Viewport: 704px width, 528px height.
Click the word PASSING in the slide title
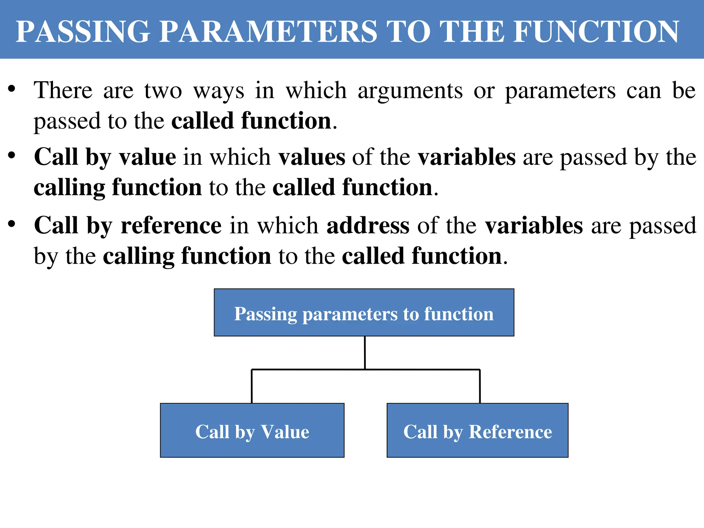point(83,32)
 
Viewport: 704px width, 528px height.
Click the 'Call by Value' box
point(252,430)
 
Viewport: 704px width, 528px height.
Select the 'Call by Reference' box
point(477,430)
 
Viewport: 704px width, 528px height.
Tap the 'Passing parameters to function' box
point(364,312)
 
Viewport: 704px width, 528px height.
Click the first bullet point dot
point(12,89)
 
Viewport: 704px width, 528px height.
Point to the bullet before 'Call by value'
point(12,155)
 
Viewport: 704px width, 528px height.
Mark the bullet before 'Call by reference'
point(12,224)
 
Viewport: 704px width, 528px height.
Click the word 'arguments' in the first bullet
point(410,91)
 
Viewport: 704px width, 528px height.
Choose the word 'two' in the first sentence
point(163,91)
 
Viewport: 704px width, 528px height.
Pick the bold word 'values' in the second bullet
point(312,157)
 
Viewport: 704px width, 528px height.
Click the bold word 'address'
point(368,226)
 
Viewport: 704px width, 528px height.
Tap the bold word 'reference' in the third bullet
point(171,226)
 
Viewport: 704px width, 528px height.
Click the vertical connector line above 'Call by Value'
point(252,386)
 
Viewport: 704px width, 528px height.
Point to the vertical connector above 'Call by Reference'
point(480,386)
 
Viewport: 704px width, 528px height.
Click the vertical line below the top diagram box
point(365,352)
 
